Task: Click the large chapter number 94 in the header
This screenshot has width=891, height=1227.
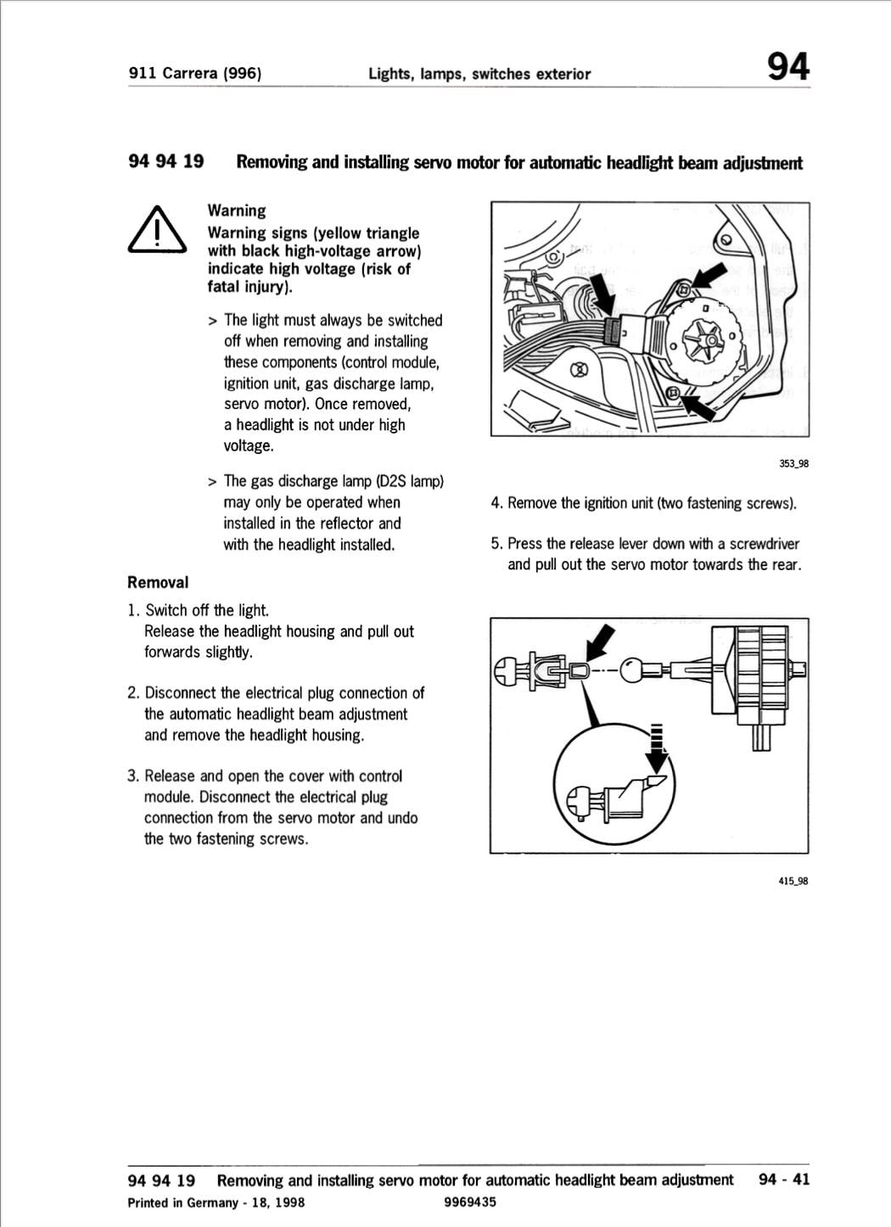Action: click(787, 66)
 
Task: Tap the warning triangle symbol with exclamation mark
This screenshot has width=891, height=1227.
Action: click(156, 231)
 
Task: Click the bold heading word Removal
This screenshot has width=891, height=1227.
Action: click(158, 582)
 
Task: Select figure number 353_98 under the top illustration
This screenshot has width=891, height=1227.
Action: click(793, 463)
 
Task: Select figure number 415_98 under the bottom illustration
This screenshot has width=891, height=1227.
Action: click(793, 881)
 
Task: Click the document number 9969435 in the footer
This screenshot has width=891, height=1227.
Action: click(469, 1202)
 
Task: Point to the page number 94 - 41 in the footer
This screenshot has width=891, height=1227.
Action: click(784, 1179)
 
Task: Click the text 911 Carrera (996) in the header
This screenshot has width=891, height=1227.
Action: click(194, 73)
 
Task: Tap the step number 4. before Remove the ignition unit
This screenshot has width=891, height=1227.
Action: click(496, 503)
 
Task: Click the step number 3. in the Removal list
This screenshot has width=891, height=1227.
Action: click(133, 776)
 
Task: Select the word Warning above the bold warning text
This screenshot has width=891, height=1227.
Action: click(237, 210)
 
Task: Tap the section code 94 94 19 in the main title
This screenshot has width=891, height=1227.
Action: click(165, 161)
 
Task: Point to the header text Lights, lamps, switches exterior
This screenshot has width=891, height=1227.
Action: click(479, 74)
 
